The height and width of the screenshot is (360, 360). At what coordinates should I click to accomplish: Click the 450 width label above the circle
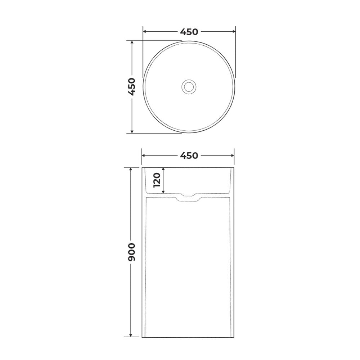(189, 32)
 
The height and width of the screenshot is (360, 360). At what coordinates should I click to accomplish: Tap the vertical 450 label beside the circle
(132, 86)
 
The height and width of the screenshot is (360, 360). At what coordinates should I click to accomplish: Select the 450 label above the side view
(189, 156)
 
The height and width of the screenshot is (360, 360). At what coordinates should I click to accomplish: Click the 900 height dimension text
(131, 252)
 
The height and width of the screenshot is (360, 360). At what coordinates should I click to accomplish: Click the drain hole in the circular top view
(189, 87)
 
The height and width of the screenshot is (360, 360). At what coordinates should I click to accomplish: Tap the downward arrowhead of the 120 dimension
(163, 191)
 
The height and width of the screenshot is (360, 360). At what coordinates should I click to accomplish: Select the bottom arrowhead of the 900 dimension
(131, 335)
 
